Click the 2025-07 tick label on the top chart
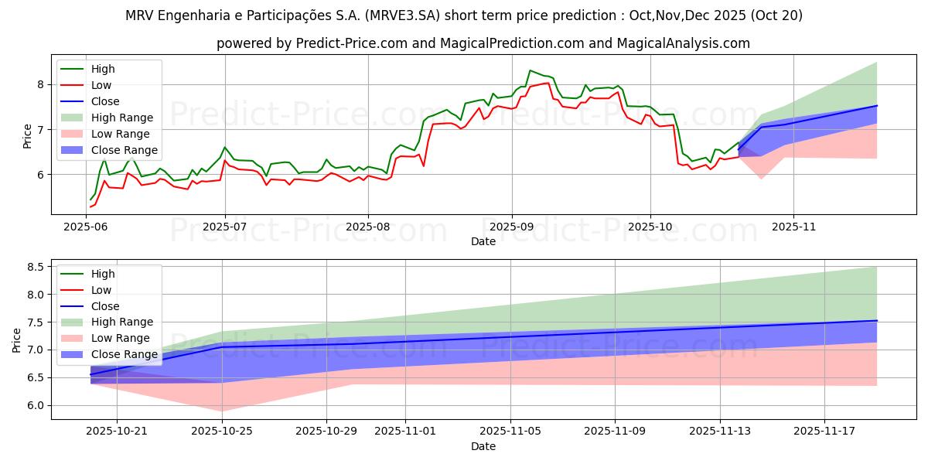click(225, 227)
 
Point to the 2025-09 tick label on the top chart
click(511, 227)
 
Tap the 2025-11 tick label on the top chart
click(793, 227)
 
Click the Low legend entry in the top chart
click(101, 85)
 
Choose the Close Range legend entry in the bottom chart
click(124, 354)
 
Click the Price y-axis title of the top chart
click(28, 137)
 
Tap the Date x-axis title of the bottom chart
click(483, 446)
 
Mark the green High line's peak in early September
click(530, 70)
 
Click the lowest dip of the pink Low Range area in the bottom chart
click(222, 411)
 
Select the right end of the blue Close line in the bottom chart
click(876, 320)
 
